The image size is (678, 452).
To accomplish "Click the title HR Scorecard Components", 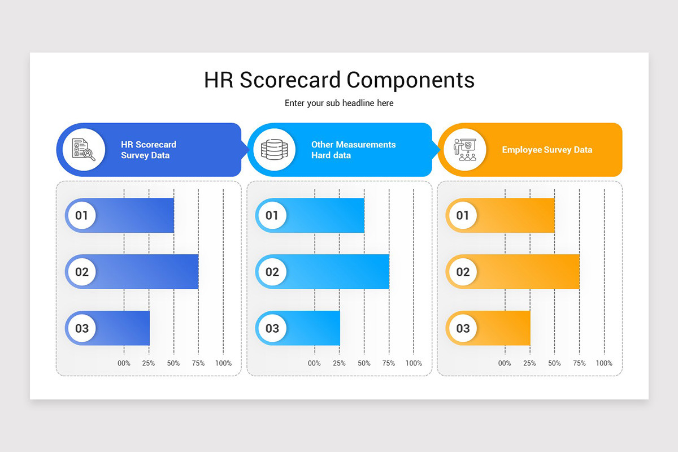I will pos(339,80).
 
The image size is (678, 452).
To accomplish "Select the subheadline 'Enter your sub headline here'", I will pos(339,103).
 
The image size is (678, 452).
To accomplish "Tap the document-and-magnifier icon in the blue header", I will pos(83,150).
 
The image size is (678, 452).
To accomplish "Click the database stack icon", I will pos(274,150).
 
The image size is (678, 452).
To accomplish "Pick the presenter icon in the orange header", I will pos(465,150).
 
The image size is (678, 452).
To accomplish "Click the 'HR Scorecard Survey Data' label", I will pos(149,150).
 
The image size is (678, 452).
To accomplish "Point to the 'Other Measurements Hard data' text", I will pos(353,150).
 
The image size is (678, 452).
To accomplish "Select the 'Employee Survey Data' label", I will pos(547,150).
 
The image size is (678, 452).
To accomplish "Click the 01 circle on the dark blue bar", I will pos(82,215).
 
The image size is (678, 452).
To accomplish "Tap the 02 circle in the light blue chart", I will pos(272,272).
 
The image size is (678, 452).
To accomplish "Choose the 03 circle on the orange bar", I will pos(463,328).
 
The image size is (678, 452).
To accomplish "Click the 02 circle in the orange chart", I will pos(463,272).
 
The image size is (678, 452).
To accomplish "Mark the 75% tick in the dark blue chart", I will pos(198,363).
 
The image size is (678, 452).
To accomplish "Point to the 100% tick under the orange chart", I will pos(604,363).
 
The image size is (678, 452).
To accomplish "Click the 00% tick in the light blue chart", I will pos(314,363).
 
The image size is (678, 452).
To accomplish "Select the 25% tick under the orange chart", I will pos(529,363).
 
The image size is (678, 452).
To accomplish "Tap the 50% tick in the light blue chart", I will pos(364,363).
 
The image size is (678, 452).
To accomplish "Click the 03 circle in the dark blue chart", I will pos(82,328).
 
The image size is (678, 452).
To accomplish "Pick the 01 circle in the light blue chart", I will pos(272,215).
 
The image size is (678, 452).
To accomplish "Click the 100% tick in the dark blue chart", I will pos(223,363).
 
